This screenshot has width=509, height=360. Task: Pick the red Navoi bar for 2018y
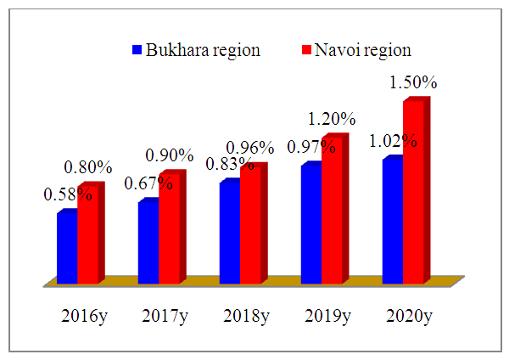tap(251, 226)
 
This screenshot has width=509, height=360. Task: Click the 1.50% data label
tap(413, 83)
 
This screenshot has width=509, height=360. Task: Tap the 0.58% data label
tap(67, 194)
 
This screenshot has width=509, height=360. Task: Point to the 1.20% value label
tap(331, 118)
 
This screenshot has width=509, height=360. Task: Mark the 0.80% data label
tap(87, 168)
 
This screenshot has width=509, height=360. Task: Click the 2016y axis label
tap(84, 316)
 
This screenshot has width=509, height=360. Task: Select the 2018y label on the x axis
tap(246, 316)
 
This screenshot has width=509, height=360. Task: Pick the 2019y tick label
tap(327, 316)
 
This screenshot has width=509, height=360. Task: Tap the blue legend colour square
tap(137, 50)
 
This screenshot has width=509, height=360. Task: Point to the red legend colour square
tap(308, 50)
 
